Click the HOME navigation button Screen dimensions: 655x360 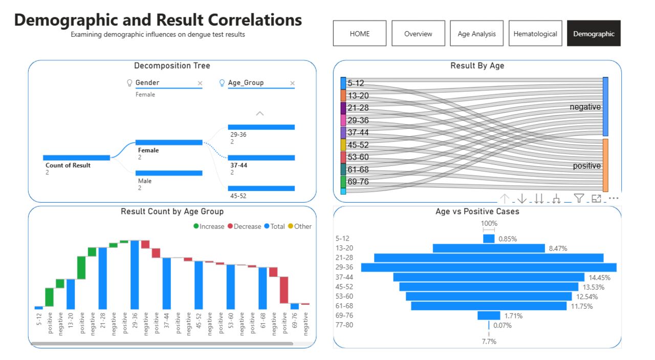click(359, 33)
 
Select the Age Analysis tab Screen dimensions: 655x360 click(476, 33)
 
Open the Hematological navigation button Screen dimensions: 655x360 click(535, 33)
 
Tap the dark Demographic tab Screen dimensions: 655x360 click(594, 33)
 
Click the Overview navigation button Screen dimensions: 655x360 click(418, 33)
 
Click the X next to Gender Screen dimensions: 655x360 click(200, 83)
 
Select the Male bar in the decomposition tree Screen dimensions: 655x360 click(169, 173)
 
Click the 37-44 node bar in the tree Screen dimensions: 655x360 click(261, 158)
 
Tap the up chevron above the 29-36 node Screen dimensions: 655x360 click(259, 114)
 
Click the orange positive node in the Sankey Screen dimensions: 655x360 click(605, 165)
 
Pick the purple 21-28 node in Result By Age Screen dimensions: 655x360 click(343, 108)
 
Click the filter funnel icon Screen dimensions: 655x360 click(579, 199)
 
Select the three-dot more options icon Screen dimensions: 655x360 click(614, 198)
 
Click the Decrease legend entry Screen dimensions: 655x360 click(245, 226)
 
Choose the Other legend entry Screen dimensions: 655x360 click(300, 226)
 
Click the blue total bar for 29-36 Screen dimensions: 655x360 click(135, 275)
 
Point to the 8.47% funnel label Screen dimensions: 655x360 click(558, 248)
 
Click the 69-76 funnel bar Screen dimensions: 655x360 click(489, 315)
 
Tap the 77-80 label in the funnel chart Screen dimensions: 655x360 click(344, 325)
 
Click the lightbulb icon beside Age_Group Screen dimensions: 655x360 click(222, 83)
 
